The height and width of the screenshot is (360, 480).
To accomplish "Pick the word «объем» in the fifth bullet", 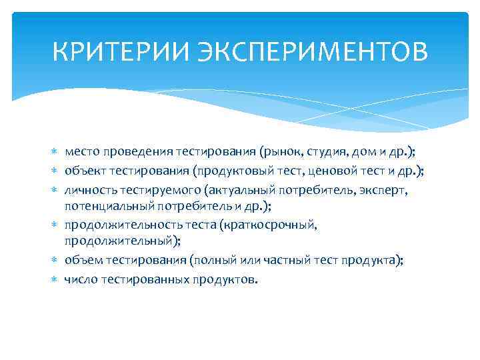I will [x=81, y=261].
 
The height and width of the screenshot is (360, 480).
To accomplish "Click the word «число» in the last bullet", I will [x=81, y=279].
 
